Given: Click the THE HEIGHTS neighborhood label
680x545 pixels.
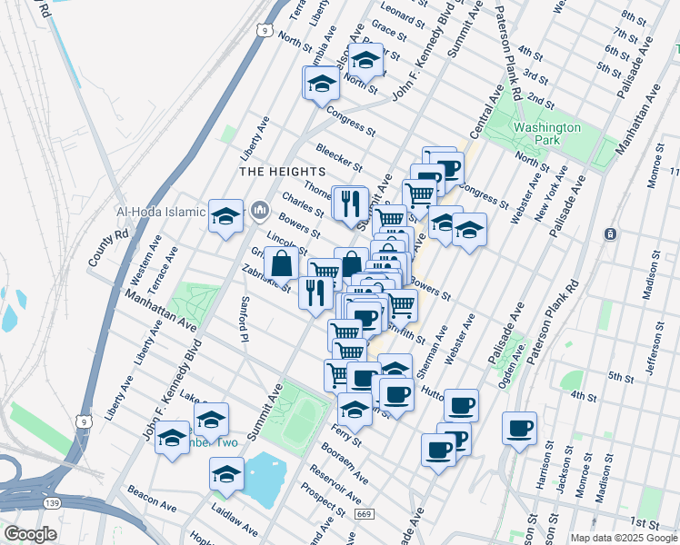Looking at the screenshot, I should [282, 171].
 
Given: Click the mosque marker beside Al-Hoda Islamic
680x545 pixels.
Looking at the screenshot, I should [260, 212].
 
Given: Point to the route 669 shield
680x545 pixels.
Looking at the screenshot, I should [363, 515].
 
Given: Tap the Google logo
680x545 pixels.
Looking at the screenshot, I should [31, 533].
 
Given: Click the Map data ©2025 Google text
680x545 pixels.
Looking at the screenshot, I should [623, 538].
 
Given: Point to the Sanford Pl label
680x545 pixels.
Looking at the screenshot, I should [244, 319].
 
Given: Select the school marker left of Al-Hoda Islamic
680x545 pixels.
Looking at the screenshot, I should [225, 216].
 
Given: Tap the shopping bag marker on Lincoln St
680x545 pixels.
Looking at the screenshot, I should [283, 264].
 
